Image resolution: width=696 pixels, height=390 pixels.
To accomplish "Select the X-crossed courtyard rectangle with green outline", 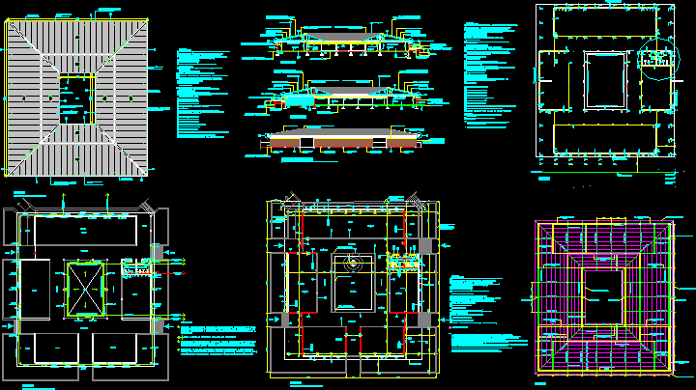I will pos(85,290).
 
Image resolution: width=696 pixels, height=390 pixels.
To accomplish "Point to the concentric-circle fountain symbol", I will pos(354,262).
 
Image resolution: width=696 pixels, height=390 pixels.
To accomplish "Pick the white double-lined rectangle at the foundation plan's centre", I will pos(605,83).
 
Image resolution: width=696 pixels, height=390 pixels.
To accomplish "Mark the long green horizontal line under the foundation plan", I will pos(599,174).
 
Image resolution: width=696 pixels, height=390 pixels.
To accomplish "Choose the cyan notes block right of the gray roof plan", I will pos(198,92).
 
